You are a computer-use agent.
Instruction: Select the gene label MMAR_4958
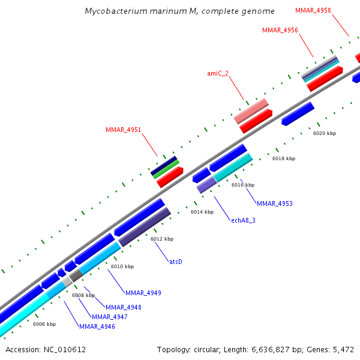[x=313, y=10]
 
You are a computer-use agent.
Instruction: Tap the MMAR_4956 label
[x=280, y=30]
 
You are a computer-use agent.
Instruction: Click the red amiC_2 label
[x=218, y=73]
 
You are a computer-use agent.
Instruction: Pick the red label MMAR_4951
[x=124, y=130]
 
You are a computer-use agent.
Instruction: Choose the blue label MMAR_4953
[x=275, y=203]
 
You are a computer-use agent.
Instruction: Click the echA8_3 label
[x=244, y=220]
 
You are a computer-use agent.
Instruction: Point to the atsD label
[x=176, y=262]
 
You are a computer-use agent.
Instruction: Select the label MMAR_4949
[x=143, y=293]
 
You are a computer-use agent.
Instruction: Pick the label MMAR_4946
[x=97, y=326]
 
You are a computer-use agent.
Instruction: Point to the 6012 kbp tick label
[x=162, y=239]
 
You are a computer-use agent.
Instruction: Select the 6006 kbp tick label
[x=44, y=324]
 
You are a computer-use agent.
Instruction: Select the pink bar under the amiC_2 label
[x=251, y=110]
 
